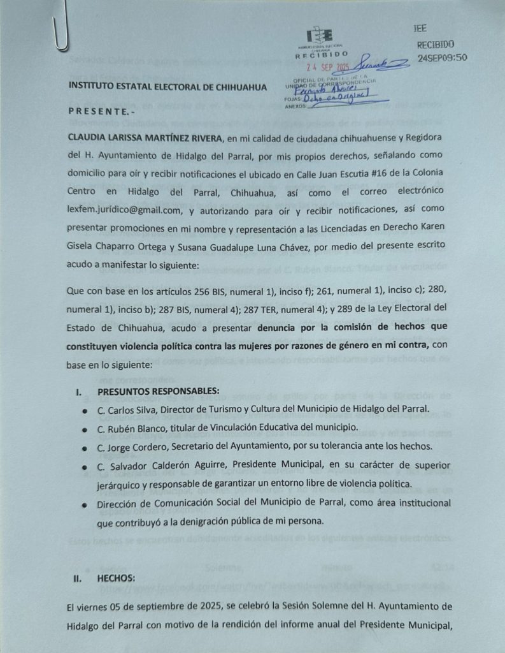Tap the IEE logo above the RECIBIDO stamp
click(x=320, y=36)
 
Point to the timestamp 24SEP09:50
click(x=443, y=57)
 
